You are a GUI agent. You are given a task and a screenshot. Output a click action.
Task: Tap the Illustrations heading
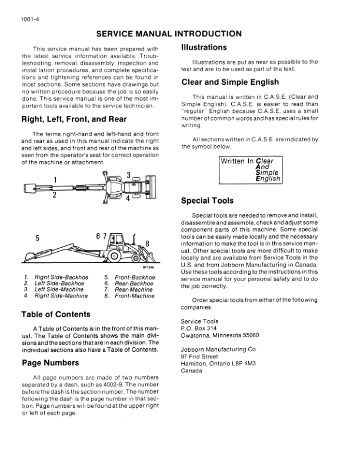204,47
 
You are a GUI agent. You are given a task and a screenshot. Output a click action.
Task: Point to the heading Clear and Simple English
231,82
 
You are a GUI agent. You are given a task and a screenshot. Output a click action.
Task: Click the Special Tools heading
208,201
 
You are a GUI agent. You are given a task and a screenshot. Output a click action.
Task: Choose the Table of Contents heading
56,314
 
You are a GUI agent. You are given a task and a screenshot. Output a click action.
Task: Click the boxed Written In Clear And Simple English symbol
250,170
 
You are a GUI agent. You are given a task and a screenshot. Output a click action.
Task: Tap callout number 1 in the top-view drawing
55,180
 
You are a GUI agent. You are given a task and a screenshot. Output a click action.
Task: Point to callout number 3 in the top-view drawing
128,175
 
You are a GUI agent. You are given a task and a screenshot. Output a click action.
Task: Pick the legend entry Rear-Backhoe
134,284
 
